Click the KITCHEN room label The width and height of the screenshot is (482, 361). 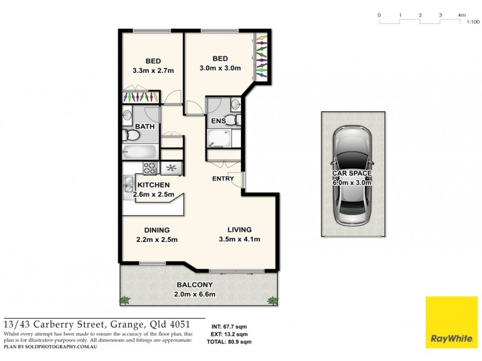coord(153,185)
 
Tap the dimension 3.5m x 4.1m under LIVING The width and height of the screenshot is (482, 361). coord(239,239)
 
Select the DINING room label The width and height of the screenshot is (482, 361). coord(156,230)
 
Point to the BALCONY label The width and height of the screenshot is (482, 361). coord(194,285)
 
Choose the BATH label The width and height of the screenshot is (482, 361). coord(145,126)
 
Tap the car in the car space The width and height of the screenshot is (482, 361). coord(353,174)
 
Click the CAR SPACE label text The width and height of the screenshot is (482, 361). coord(353,173)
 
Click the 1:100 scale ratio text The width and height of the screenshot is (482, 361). coord(473,22)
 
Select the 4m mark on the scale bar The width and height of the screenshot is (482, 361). coord(461,14)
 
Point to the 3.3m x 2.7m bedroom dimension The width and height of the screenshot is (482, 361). coord(153,70)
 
